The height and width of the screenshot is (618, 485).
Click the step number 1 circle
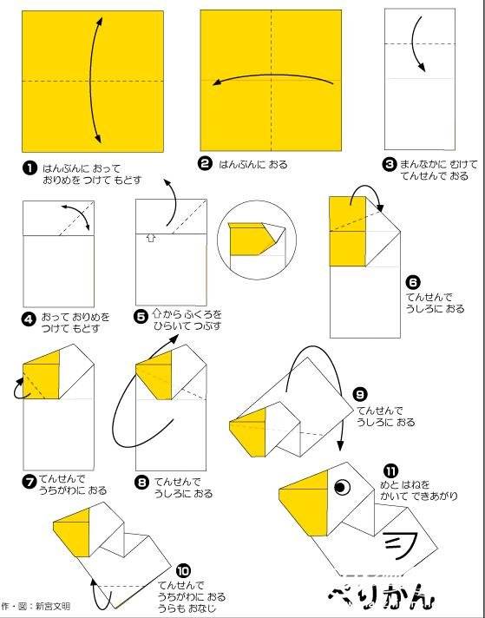pos(29,168)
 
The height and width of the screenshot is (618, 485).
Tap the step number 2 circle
pos(205,164)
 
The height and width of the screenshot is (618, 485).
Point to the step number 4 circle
pos(29,319)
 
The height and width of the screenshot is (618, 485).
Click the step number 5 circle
pos(141,317)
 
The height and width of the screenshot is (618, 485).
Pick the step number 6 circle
pos(413,282)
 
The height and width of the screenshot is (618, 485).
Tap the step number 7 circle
pos(30,482)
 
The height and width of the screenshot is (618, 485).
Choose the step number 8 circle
pos(141,483)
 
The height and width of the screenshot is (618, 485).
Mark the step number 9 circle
pos(360,394)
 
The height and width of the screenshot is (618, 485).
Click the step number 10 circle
pos(183,570)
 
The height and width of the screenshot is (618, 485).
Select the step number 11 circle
pos(390,470)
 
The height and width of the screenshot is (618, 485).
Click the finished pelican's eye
pos(342,487)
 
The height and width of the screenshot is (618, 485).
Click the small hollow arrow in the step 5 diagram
pos(150,238)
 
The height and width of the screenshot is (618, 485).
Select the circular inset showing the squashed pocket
pos(257,240)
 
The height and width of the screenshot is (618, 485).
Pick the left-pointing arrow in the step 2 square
pos(273,79)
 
